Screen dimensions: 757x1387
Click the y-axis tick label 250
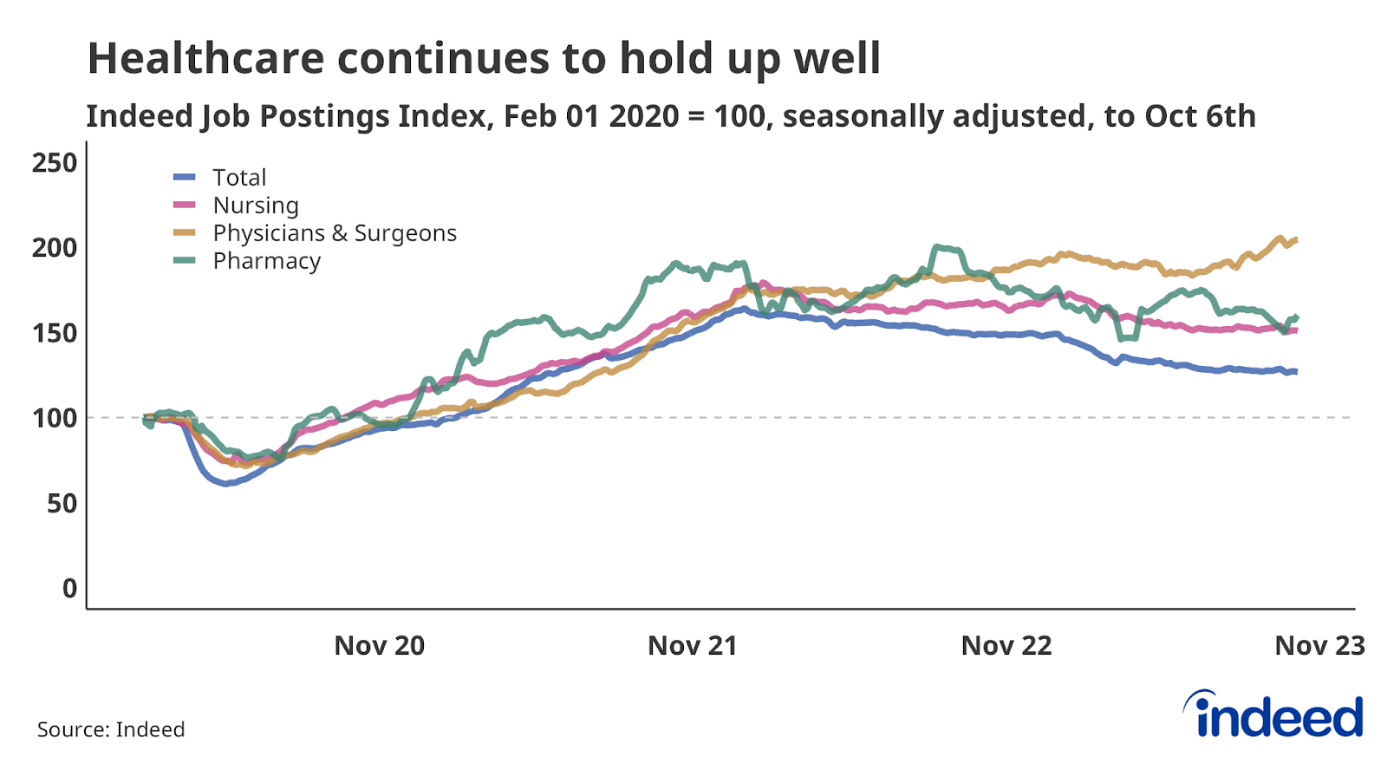point(54,163)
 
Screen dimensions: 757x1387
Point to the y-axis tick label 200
point(54,248)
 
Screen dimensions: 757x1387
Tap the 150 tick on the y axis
point(54,333)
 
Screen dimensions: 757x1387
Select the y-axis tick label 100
point(54,418)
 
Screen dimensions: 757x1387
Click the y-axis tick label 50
point(62,503)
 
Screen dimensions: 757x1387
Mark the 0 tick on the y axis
point(69,588)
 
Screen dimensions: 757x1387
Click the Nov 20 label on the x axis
point(379,646)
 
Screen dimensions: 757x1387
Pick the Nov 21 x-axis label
point(692,646)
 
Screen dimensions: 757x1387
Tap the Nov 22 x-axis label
point(1006,646)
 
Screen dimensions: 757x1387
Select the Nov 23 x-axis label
point(1319,646)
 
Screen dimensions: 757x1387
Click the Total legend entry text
point(239,178)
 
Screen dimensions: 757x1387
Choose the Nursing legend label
point(256,206)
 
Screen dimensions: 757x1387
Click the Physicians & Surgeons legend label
point(334,233)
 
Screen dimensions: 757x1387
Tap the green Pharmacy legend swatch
point(185,260)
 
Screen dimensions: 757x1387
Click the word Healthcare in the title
point(205,59)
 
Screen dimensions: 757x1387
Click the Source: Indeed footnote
point(111,729)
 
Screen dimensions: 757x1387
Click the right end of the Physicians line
point(1296,239)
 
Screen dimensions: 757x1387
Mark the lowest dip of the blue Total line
point(225,484)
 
